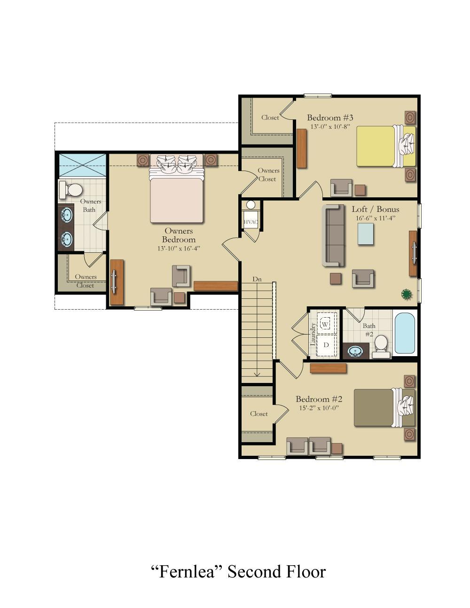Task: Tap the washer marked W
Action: (325, 324)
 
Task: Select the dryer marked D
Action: (326, 345)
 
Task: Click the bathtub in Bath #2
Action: (405, 333)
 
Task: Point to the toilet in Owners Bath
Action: (71, 190)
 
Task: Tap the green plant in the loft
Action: (407, 295)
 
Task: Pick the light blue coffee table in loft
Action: (366, 234)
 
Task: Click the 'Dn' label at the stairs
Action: (257, 279)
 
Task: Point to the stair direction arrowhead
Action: (257, 374)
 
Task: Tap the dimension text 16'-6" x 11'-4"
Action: (375, 218)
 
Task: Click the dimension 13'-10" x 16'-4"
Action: (179, 249)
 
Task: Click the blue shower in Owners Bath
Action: (83, 165)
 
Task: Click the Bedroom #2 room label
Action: (319, 399)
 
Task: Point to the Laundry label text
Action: (313, 334)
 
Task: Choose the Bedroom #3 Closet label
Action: (270, 117)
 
